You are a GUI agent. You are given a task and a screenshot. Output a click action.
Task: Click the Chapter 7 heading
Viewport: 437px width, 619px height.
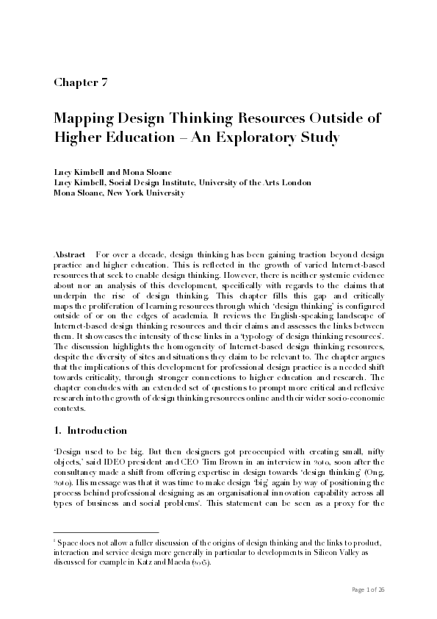point(81,82)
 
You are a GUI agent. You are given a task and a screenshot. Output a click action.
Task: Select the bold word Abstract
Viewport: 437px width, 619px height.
point(71,252)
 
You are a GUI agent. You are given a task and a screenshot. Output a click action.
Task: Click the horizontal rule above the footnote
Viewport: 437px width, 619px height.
point(106,532)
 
